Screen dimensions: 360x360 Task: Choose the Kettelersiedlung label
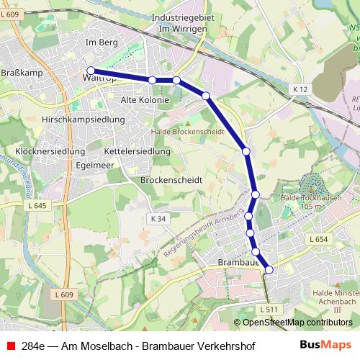point(137,152)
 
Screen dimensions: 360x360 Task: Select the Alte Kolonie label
point(145,99)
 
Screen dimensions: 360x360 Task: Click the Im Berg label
point(101,43)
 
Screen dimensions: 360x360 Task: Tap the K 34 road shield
point(158,218)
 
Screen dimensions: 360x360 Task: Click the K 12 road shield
point(300,88)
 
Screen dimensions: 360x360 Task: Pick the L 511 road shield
point(268,310)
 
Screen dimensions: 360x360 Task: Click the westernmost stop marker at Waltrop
point(91,71)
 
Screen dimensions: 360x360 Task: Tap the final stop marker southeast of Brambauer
point(269,269)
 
